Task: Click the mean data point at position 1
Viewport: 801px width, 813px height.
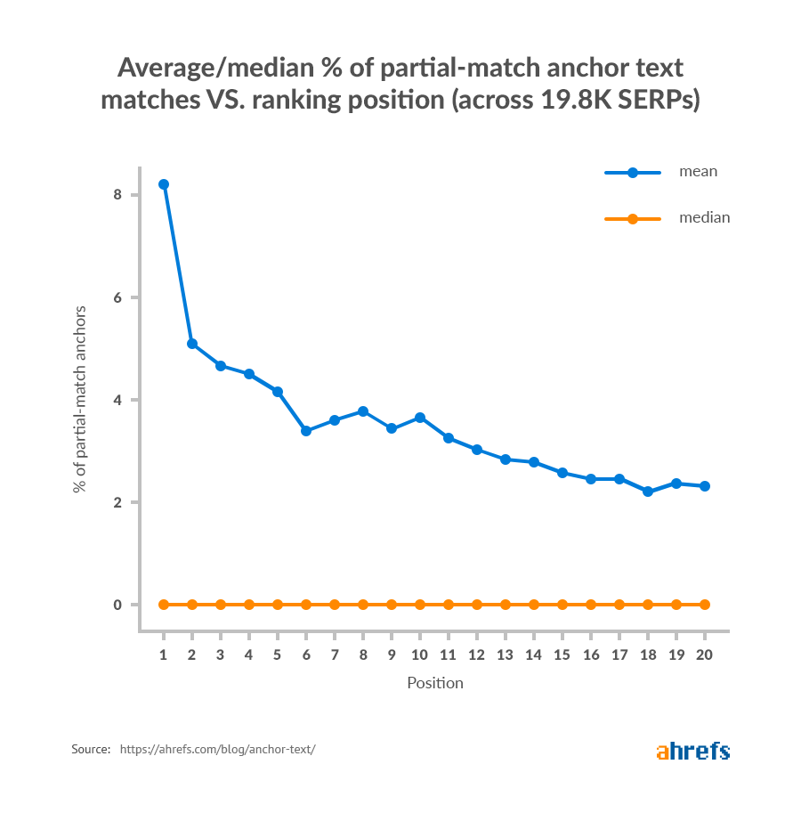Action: pos(164,184)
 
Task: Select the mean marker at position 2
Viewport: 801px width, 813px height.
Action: pos(192,344)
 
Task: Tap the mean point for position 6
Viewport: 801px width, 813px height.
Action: pos(306,431)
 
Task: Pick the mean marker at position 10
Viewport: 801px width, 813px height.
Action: pos(420,418)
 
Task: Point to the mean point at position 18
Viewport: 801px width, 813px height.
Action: pos(648,492)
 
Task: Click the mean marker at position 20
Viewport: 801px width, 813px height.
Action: pos(705,486)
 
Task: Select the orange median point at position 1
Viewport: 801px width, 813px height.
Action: pos(164,605)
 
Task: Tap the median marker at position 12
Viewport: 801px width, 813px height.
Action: pos(477,605)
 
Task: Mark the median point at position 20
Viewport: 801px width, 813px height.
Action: pos(705,605)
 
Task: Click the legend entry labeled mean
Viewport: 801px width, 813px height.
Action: pos(697,172)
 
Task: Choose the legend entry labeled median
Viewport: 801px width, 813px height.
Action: pos(704,217)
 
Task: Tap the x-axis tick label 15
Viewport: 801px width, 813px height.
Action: pos(562,654)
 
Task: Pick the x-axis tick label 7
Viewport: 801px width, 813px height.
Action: pos(335,654)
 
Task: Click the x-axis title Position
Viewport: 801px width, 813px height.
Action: pos(435,684)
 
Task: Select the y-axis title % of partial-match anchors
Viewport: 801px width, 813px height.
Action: pos(81,399)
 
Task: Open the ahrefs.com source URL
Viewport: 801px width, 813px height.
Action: pos(217,750)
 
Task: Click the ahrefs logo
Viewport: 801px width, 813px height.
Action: pos(693,751)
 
